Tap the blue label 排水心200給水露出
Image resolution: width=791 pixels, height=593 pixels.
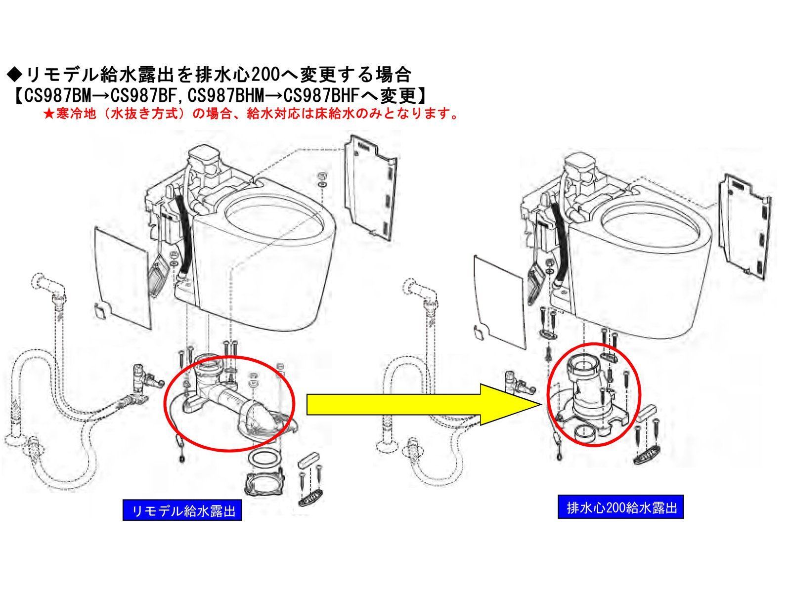(620, 508)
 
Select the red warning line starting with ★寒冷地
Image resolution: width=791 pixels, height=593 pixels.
(250, 114)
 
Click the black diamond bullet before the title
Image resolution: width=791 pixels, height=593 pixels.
(15, 75)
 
